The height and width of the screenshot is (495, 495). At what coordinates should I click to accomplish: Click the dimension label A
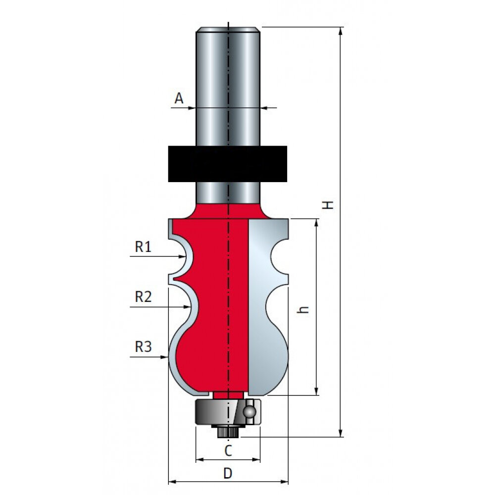pyautogui.click(x=179, y=99)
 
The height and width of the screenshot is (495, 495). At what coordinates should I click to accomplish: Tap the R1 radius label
pyautogui.click(x=144, y=247)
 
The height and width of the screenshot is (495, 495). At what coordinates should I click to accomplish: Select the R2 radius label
pyautogui.click(x=144, y=297)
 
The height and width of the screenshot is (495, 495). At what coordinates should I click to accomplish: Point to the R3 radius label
pyautogui.click(x=144, y=346)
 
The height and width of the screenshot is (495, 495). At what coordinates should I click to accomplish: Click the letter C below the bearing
pyautogui.click(x=228, y=450)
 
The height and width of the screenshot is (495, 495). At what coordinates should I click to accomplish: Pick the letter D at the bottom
pyautogui.click(x=228, y=473)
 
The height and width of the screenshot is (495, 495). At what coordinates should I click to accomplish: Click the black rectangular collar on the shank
pyautogui.click(x=228, y=164)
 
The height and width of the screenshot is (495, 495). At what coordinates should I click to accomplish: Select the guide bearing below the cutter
pyautogui.click(x=228, y=412)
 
